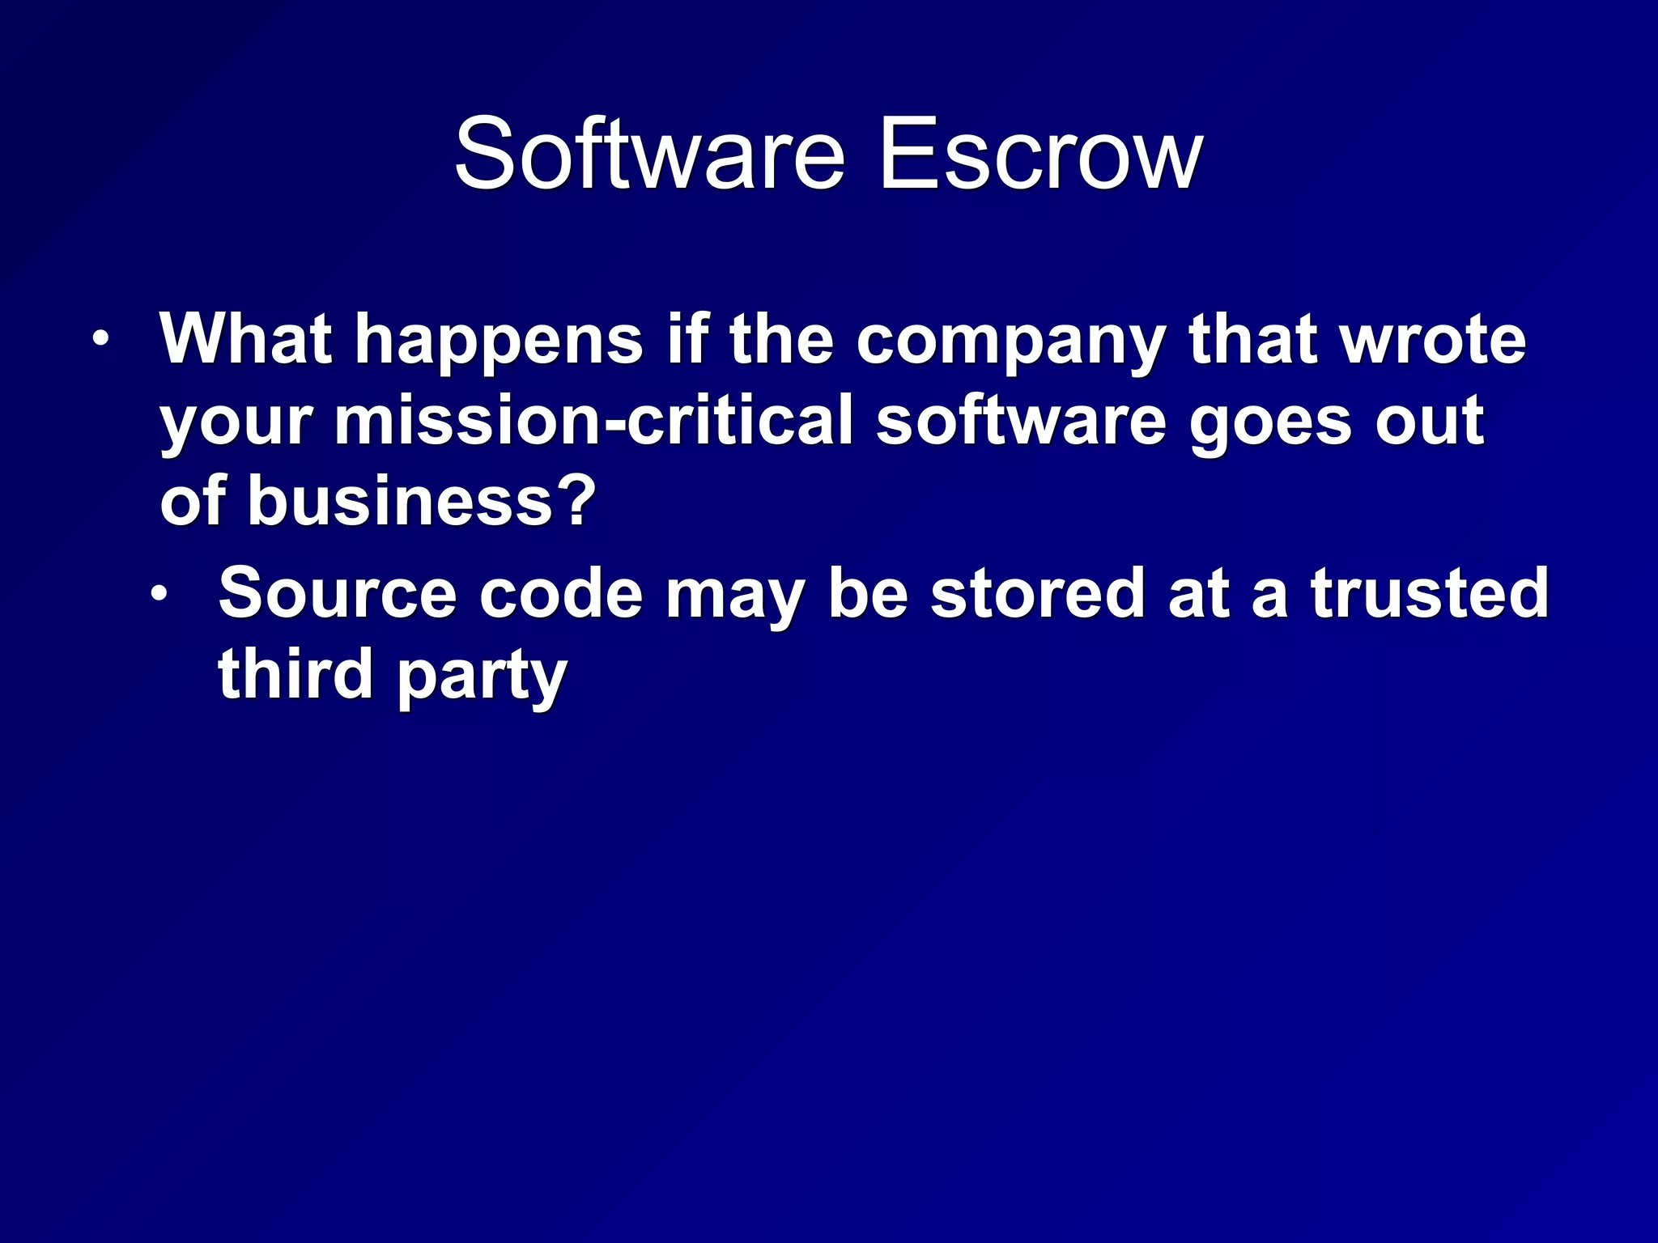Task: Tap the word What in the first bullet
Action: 246,339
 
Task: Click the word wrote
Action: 1434,340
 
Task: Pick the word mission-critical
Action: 594,421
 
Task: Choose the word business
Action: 400,500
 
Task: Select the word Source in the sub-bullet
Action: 337,593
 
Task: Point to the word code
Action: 561,593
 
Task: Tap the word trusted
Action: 1430,593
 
